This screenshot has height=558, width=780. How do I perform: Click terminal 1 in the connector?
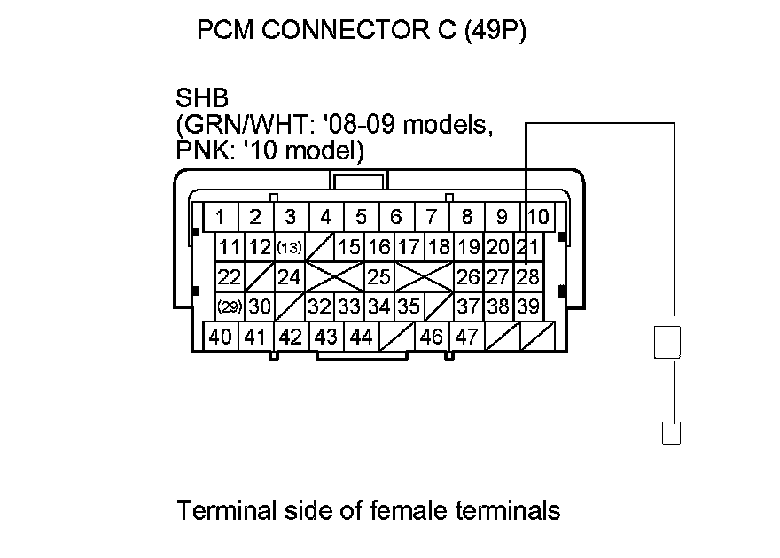pos(220,217)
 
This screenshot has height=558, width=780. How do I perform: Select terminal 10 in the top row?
pos(537,217)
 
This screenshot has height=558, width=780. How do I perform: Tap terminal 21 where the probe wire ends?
pos(528,247)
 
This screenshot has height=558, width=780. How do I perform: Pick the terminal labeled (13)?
pos(290,247)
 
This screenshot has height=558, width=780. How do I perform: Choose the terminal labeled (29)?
pos(230,306)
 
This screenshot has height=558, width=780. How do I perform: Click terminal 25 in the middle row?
pos(379,277)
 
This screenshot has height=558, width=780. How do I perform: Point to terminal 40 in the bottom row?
pos(221,337)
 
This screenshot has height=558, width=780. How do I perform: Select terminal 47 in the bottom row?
pos(467,337)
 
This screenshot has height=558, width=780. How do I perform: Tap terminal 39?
pos(528,306)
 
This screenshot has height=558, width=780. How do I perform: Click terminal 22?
pos(230,277)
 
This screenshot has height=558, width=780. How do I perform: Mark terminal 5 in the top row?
pos(361,217)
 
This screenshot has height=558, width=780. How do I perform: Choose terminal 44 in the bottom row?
pos(361,337)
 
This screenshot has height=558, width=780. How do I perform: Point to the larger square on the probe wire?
pos(667,342)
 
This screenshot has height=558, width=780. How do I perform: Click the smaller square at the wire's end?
pos(672,433)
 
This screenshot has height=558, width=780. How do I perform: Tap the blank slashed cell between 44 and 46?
pos(396,337)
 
